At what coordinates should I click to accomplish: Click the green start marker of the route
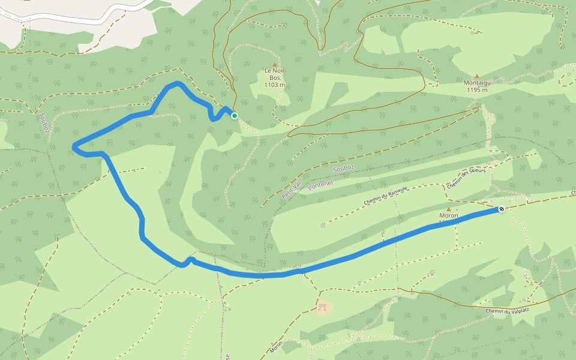pos(235,116)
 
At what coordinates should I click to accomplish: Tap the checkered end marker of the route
pos(501,209)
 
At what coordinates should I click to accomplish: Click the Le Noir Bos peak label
pos(275,74)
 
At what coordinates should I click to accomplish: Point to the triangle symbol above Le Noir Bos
pos(275,64)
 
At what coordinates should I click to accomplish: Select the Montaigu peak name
pos(476,83)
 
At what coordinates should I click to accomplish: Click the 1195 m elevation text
pos(476,90)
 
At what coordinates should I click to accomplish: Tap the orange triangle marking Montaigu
pos(477,76)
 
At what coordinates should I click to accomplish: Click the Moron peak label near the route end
pos(449,215)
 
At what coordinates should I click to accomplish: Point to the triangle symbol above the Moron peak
pos(448,209)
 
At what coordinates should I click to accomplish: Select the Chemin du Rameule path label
pos(385,196)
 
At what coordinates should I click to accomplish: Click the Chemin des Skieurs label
pos(466,178)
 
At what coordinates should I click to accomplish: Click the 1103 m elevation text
pos(275,85)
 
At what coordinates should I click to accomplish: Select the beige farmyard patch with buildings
pos(324,308)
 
